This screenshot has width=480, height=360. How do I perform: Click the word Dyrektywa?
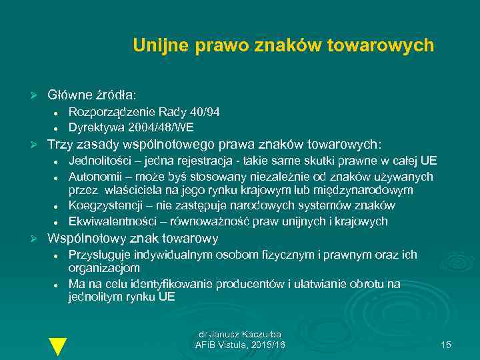click(x=93, y=127)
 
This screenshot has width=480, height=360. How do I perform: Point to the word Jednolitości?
click(x=99, y=161)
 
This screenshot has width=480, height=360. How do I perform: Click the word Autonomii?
click(x=93, y=176)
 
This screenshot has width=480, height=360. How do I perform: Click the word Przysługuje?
click(x=99, y=255)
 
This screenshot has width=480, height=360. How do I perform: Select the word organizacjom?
click(x=104, y=268)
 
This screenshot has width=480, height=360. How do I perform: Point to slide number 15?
click(x=446, y=345)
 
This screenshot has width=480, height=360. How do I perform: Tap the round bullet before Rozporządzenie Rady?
click(x=58, y=113)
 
